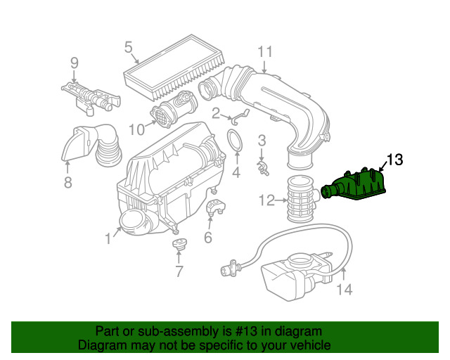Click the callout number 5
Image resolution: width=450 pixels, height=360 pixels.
tap(129, 47)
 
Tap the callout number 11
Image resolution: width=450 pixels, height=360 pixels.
tap(265, 52)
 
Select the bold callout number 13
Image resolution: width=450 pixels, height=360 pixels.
tap(395, 160)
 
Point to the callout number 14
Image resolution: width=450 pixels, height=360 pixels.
tap(344, 289)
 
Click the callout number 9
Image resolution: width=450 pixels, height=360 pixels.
tap(75, 63)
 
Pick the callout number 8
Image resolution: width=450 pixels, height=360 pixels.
tap(67, 182)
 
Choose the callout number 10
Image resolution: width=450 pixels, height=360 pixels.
tap(136, 129)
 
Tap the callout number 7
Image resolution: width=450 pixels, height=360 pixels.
tap(179, 271)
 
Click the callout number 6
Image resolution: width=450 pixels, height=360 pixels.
tap(208, 237)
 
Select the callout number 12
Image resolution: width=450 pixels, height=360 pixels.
tap(266, 200)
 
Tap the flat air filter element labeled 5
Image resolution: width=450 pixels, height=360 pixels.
tap(175, 67)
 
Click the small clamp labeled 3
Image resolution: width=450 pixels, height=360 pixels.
tap(263, 168)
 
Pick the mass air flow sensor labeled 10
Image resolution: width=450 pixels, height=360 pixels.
tap(174, 108)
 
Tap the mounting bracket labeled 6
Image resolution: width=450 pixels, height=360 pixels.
tap(216, 207)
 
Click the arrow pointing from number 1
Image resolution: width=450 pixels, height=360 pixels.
tap(117, 231)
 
